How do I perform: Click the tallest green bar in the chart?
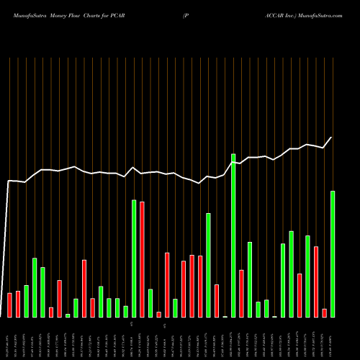pyautogui.click(x=233, y=235)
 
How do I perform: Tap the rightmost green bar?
pyautogui.click(x=333, y=253)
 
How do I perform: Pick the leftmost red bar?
pyautogui.click(x=9, y=305)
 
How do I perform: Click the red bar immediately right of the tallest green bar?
pyautogui.click(x=241, y=293)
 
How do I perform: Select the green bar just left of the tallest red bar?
pyautogui.click(x=134, y=258)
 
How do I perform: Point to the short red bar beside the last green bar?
pyautogui.click(x=325, y=312)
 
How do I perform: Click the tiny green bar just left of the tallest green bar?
pyautogui.click(x=225, y=316)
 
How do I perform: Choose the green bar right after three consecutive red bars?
pyautogui.click(x=208, y=265)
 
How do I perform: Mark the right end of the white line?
pyautogui.click(x=332, y=138)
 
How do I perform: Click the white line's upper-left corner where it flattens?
pyautogui.click(x=9, y=181)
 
